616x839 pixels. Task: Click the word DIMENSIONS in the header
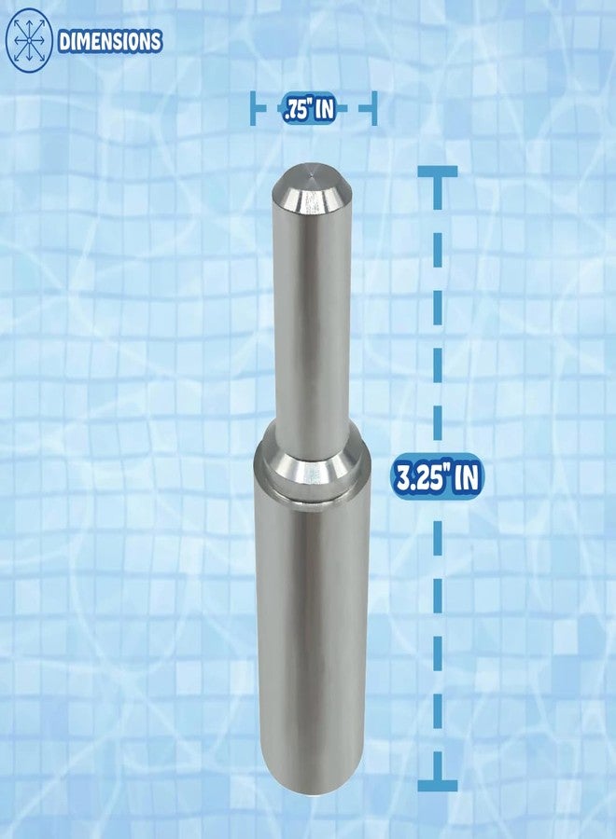tap(110, 42)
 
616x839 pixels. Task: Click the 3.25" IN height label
tap(437, 478)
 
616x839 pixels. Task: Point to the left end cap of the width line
tap(254, 109)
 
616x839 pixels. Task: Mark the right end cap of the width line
tap(373, 109)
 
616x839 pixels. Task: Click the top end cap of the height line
tap(436, 172)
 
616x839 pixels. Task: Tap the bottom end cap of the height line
tap(436, 786)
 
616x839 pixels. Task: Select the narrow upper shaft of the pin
tap(311, 317)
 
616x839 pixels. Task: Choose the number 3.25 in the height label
tap(416, 478)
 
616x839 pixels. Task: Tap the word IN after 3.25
tap(467, 478)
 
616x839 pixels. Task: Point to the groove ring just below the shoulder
tap(313, 486)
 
